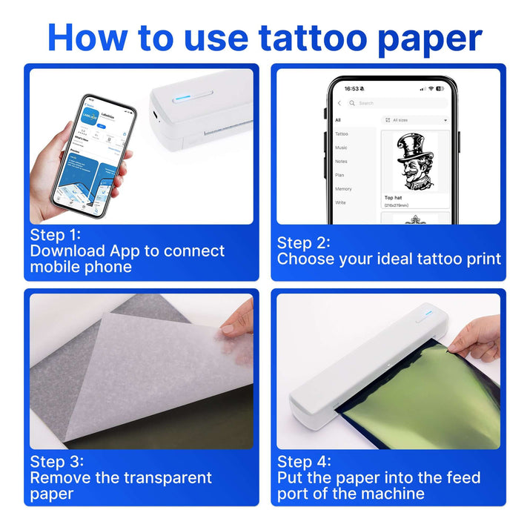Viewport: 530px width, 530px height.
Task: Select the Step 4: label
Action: coord(304,461)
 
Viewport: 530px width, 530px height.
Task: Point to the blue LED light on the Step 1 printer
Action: coord(179,96)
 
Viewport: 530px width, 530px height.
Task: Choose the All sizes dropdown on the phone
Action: coord(415,119)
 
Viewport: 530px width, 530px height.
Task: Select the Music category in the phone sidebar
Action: coord(341,148)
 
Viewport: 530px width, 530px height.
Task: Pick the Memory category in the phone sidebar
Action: coord(343,188)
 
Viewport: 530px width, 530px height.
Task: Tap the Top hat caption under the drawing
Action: coord(394,198)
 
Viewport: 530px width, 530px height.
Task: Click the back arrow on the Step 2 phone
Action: coord(339,103)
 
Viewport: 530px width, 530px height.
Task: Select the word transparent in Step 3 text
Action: coord(158,477)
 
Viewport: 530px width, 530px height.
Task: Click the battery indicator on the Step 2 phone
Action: coord(440,88)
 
